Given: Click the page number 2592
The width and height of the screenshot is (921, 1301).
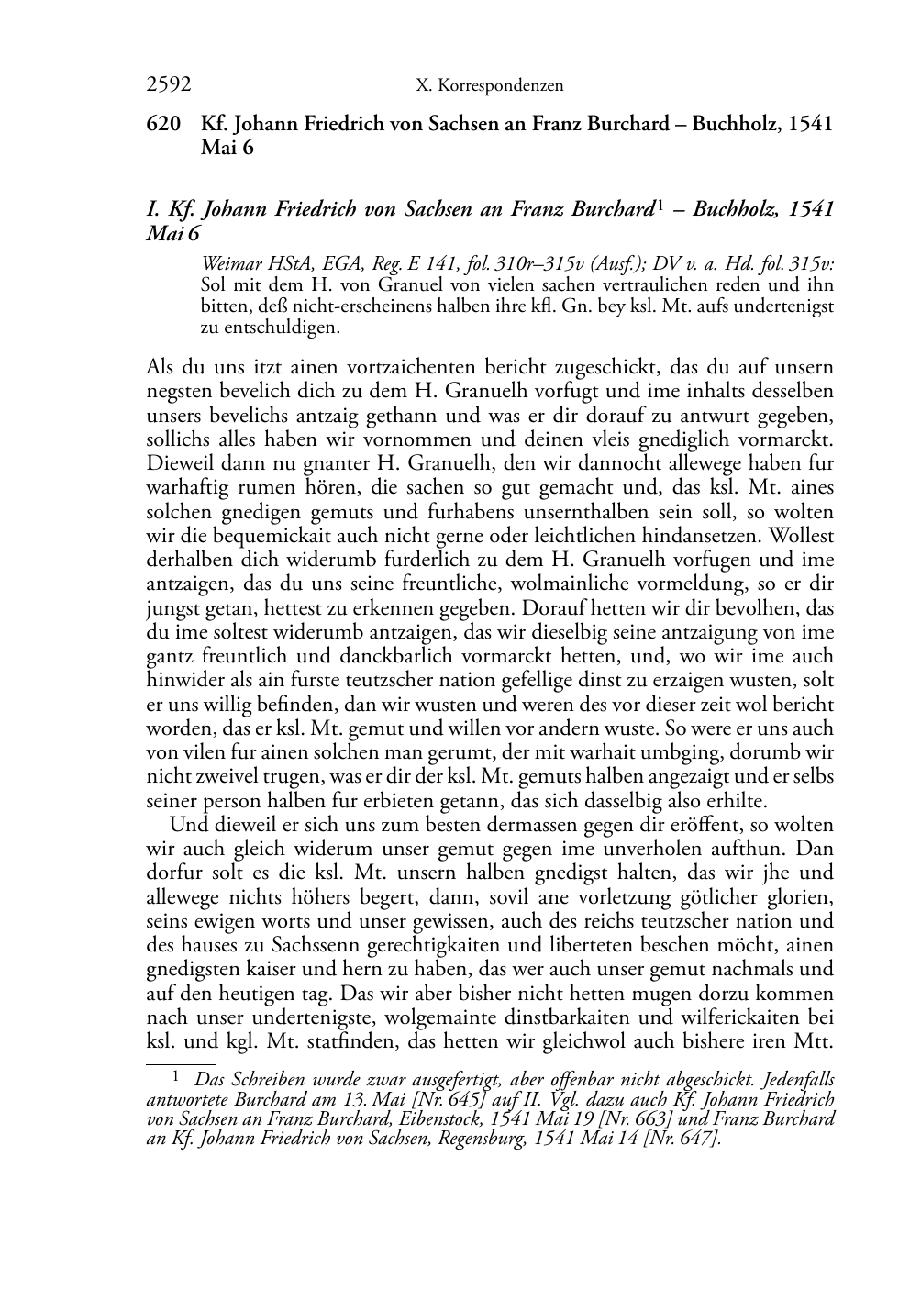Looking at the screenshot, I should point(169,86).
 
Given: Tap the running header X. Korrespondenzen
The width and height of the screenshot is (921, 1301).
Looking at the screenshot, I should point(489,86).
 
